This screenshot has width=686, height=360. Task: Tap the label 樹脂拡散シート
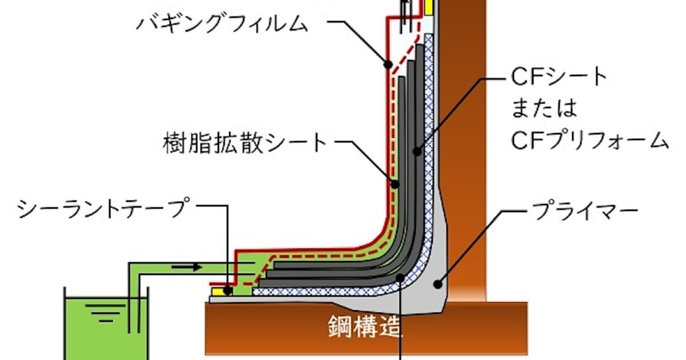tap(245, 143)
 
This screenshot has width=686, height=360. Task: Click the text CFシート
tap(559, 77)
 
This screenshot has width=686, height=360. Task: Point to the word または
tap(544, 108)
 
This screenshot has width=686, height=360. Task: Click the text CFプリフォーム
tap(589, 140)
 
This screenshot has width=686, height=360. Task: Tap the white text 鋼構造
tap(364, 327)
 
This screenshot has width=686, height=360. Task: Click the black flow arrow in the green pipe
tap(186, 267)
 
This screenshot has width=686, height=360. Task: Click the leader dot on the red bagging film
tap(388, 65)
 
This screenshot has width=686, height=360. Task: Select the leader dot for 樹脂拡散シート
tap(396, 184)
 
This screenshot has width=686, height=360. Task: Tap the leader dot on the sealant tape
tap(228, 290)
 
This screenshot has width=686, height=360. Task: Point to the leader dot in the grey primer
tap(438, 285)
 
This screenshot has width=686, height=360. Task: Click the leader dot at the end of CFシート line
tap(417, 151)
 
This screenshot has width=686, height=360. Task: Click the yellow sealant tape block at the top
tap(428, 7)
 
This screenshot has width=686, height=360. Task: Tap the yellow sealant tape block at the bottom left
tap(218, 292)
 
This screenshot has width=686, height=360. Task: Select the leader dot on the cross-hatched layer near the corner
tap(401, 278)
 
